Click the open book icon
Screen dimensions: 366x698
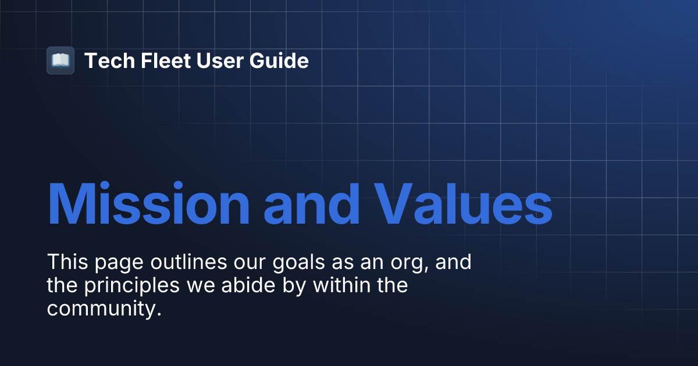[60, 60]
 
